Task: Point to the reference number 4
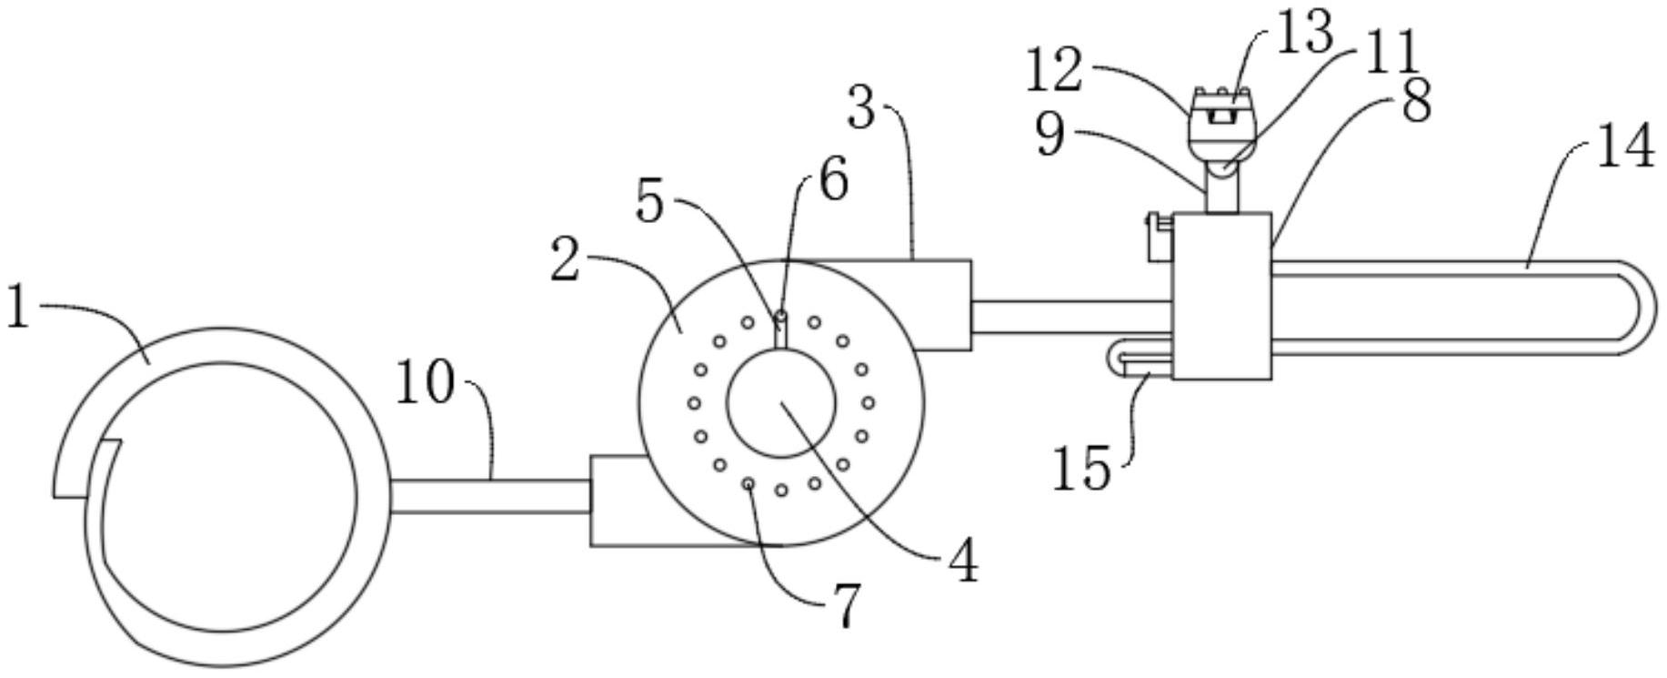(961, 561)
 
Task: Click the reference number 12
(1054, 72)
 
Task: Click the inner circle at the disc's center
(781, 401)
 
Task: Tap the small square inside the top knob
(1221, 116)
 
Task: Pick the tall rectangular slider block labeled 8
(1221, 296)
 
